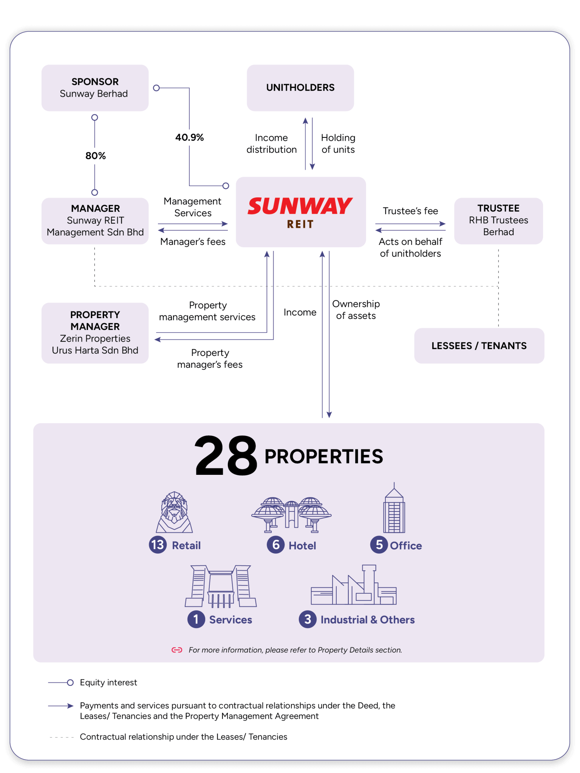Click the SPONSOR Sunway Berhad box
(95, 88)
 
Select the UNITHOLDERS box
(300, 88)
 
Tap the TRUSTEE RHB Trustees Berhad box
(498, 221)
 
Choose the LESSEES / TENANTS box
(479, 346)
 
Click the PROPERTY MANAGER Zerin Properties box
(95, 333)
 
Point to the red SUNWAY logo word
(300, 206)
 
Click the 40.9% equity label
(189, 137)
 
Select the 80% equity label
(96, 156)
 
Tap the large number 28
(226, 456)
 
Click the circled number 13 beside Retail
(158, 545)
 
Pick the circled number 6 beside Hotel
(276, 545)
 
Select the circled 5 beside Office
(379, 545)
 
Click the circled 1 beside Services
(196, 619)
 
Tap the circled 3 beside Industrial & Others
(308, 619)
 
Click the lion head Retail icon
(174, 512)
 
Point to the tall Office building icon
(394, 507)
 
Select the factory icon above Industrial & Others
(354, 585)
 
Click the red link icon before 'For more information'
(177, 650)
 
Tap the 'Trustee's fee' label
(410, 211)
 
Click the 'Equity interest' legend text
(108, 682)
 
